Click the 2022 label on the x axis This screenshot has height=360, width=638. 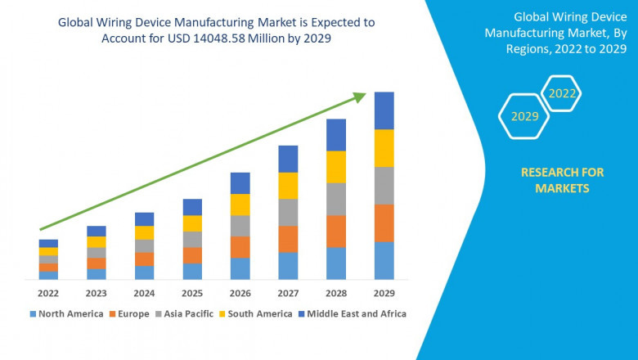(x=48, y=293)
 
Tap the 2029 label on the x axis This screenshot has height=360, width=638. (x=384, y=293)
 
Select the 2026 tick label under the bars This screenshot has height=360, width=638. (x=240, y=293)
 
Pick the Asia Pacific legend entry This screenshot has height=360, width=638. (x=188, y=313)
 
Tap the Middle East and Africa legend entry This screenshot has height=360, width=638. (x=355, y=313)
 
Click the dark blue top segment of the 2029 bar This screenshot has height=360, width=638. (x=384, y=110)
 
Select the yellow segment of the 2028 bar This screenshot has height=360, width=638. (x=335, y=167)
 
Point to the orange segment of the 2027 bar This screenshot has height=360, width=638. (x=288, y=239)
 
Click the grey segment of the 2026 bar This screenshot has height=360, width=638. (x=240, y=226)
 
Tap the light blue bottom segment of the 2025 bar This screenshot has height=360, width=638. (x=192, y=272)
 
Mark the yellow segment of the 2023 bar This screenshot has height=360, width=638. (x=97, y=242)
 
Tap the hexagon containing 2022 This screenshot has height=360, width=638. (x=562, y=93)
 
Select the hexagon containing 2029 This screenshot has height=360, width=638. (x=524, y=117)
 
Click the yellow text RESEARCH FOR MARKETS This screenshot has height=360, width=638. (x=562, y=180)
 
